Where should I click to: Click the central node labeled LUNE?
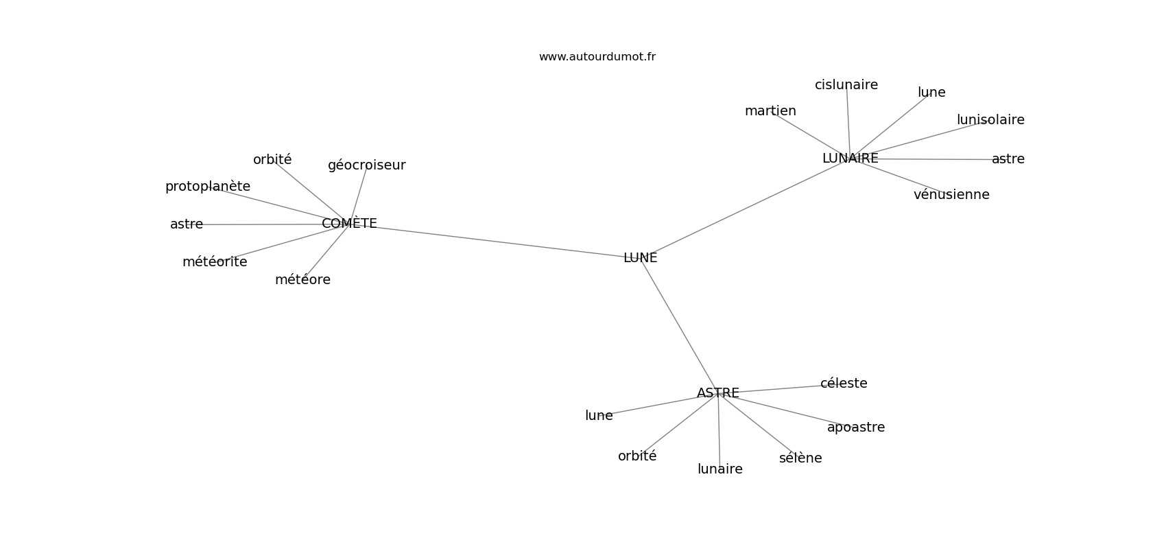click(640, 258)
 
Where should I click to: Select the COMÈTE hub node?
click(349, 223)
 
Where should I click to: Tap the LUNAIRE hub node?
click(850, 159)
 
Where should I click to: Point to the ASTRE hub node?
click(718, 393)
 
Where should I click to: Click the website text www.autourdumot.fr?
click(597, 57)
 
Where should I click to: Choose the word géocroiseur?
click(366, 165)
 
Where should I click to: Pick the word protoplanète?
click(208, 187)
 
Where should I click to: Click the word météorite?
click(215, 262)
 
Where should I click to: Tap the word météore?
click(302, 280)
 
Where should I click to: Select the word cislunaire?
click(846, 85)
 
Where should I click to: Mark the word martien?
click(770, 111)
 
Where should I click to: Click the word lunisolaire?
click(990, 120)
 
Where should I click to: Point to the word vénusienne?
click(951, 195)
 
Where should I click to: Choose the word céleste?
click(844, 384)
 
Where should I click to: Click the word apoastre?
click(856, 428)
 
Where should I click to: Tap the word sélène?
click(800, 458)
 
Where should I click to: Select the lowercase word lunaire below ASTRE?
click(720, 469)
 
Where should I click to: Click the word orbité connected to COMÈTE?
click(272, 159)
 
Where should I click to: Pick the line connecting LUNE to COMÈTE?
click(495, 241)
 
